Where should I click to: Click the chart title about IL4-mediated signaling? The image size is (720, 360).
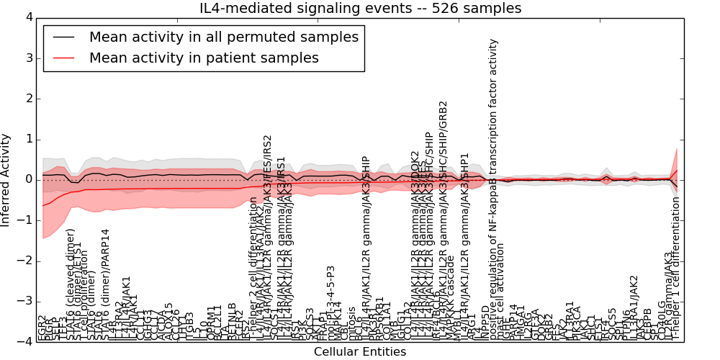pyautogui.click(x=360, y=9)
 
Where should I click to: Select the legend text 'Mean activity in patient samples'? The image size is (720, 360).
pyautogui.click(x=204, y=58)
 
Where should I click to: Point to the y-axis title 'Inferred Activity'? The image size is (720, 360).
pyautogui.click(x=6, y=180)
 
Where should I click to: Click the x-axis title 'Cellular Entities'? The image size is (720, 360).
pyautogui.click(x=360, y=352)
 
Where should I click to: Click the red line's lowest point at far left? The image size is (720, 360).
pyautogui.click(x=43, y=206)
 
